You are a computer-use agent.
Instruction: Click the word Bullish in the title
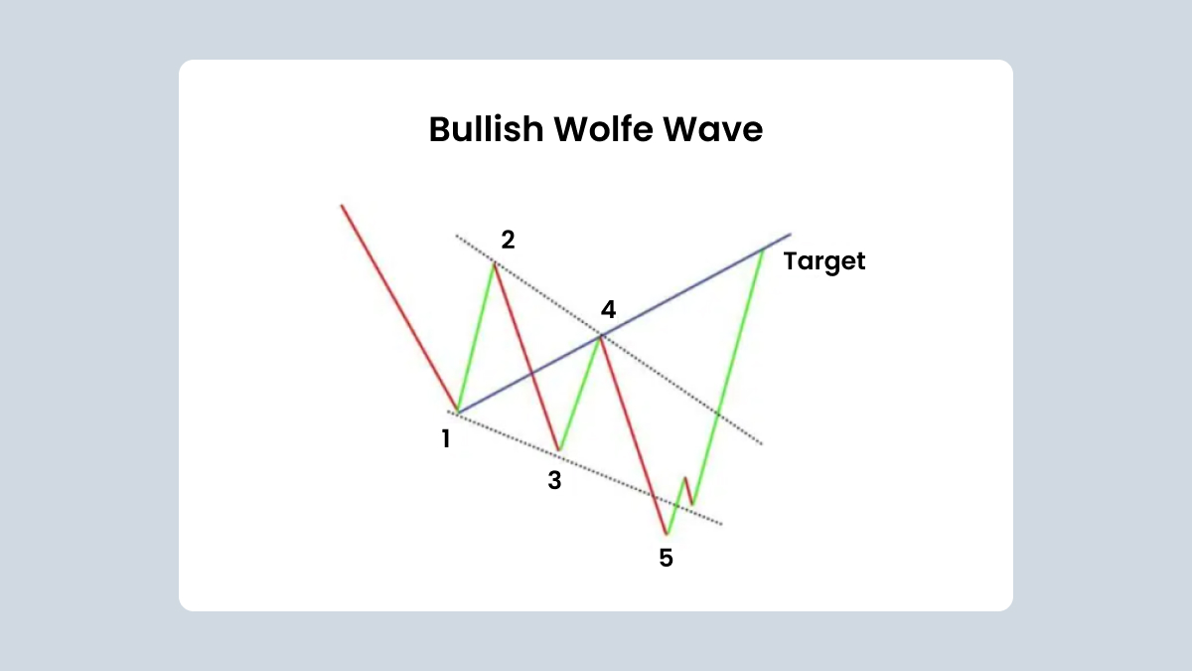(x=486, y=129)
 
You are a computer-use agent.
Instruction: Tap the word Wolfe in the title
(x=603, y=129)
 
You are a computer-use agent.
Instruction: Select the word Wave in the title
(x=712, y=130)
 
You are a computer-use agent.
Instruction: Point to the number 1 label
(x=446, y=438)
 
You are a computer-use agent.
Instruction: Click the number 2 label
(x=508, y=240)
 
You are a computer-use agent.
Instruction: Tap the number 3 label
(x=554, y=480)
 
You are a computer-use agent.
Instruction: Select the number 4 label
(x=608, y=309)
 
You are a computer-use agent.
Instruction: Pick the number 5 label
(x=666, y=558)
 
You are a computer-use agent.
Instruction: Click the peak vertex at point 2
(x=495, y=263)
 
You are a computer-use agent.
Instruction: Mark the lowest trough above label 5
(x=667, y=534)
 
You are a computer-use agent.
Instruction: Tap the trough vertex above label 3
(x=558, y=450)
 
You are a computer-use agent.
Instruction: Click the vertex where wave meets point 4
(x=600, y=337)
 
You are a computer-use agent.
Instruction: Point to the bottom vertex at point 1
(x=458, y=412)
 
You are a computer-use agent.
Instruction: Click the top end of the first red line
(x=342, y=205)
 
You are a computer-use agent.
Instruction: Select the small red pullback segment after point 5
(x=688, y=491)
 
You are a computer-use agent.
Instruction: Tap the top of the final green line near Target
(x=764, y=250)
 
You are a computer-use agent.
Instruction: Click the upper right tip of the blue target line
(x=791, y=234)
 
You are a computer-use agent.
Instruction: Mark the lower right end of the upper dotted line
(x=762, y=443)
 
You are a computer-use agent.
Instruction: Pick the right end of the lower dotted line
(x=722, y=524)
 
